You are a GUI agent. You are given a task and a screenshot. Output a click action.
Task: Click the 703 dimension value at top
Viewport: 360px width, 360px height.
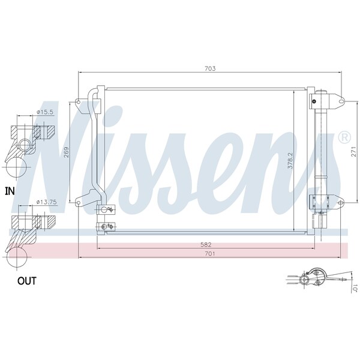pos(210,68)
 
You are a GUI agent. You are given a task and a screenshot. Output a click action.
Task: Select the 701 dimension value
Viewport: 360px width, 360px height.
pos(210,253)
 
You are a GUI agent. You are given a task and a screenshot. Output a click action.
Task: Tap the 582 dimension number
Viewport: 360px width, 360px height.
pos(206,245)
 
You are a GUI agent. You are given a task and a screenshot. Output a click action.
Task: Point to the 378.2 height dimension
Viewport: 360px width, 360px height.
pos(290,161)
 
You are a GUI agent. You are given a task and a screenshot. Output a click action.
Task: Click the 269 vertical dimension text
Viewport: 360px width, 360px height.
pos(66,152)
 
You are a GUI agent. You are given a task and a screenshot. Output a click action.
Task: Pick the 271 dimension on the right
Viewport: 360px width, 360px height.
pos(354,152)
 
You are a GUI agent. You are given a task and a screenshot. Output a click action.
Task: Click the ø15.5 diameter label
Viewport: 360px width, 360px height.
pos(45,112)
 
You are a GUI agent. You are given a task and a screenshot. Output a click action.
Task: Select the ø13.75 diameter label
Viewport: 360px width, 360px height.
pos(47,202)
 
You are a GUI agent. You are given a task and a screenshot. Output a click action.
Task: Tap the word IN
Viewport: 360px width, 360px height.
pos(10,191)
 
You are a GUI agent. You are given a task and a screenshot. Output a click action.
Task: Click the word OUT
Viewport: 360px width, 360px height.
pos(27,281)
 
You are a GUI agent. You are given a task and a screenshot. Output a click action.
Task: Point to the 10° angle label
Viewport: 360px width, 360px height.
pos(355,289)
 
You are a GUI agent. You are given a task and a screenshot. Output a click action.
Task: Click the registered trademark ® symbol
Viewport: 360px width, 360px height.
pos(344,137)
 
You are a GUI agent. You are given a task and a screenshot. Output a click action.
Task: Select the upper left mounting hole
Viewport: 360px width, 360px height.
pos(78,102)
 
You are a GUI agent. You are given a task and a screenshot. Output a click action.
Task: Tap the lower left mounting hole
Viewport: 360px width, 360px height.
pos(78,203)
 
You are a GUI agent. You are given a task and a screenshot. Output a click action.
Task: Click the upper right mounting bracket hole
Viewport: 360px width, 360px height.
pos(341,101)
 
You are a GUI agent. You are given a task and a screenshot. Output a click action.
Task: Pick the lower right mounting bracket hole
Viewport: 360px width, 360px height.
pos(340,203)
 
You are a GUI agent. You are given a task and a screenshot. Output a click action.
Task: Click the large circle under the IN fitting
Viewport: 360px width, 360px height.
pos(16,167)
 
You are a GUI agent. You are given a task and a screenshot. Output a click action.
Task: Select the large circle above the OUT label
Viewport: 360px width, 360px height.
pos(17,257)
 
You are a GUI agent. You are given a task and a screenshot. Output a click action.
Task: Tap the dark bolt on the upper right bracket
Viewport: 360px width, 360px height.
pos(314,101)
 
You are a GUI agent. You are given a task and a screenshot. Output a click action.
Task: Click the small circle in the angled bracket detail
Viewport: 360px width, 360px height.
pos(305,280)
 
